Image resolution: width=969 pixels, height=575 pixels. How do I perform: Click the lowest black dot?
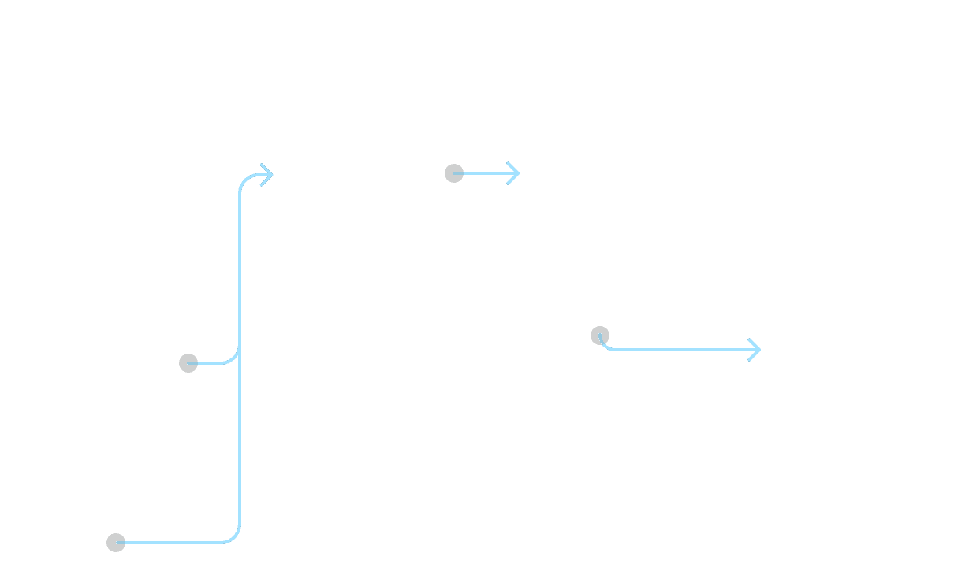(x=116, y=543)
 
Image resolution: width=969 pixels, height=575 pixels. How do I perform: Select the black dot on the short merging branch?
(x=188, y=363)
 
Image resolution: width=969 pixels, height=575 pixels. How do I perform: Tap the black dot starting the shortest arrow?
(x=454, y=173)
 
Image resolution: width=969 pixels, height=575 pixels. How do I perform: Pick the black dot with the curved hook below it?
(x=599, y=336)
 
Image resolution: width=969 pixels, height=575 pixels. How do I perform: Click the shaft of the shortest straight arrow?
(x=485, y=173)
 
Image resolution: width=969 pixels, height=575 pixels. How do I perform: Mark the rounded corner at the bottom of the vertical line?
(x=235, y=538)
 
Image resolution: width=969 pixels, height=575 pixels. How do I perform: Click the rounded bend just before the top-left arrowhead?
(x=244, y=180)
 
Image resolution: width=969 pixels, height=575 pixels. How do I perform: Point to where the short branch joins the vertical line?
(x=239, y=352)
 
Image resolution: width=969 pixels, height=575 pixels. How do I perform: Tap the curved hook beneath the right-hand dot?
(x=604, y=346)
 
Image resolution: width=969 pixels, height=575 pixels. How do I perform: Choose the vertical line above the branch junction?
(x=240, y=268)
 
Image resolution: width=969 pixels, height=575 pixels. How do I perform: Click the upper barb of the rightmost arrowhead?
(x=753, y=343)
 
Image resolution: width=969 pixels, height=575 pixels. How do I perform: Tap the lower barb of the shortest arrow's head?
(x=512, y=180)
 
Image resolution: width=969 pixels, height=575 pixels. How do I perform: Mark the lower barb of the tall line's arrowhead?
(x=266, y=181)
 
